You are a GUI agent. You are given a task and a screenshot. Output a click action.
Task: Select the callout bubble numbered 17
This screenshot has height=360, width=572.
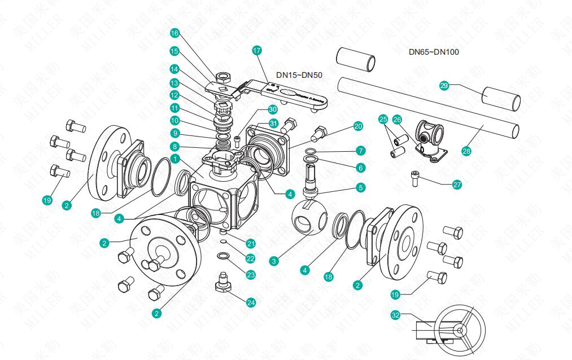pyautogui.click(x=257, y=50)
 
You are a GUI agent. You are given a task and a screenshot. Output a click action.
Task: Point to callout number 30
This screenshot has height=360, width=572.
pyautogui.click(x=273, y=109)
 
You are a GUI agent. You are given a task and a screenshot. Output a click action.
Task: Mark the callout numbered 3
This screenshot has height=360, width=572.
pyautogui.click(x=274, y=261)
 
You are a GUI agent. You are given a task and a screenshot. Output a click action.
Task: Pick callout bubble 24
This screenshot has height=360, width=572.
pyautogui.click(x=251, y=302)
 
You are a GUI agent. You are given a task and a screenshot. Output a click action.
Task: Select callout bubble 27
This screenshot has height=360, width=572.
pyautogui.click(x=457, y=184)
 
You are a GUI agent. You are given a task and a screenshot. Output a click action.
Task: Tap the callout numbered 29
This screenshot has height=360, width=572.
pyautogui.click(x=444, y=85)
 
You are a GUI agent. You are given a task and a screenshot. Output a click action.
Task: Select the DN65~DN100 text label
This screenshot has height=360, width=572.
pyautogui.click(x=434, y=52)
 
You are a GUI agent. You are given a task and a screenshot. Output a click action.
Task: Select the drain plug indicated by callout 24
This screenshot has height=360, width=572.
pyautogui.click(x=222, y=280)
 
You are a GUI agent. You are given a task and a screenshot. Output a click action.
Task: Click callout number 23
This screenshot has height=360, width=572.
pyautogui.click(x=251, y=274)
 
